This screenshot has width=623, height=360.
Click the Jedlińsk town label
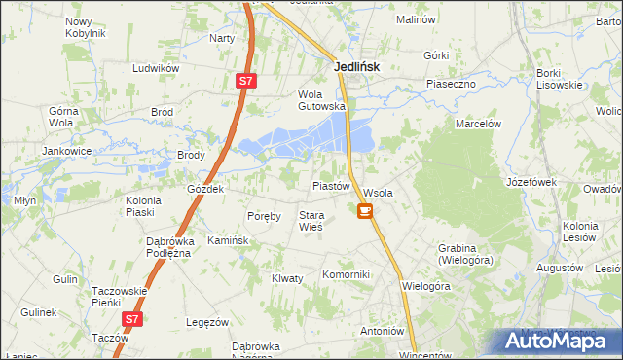[x=356, y=66]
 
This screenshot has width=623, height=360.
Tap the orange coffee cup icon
[x=364, y=210]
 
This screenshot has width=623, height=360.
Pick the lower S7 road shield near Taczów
[x=132, y=318]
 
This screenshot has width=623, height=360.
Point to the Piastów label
[x=330, y=186]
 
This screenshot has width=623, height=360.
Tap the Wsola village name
[x=378, y=193]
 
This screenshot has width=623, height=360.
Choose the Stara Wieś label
[x=311, y=220]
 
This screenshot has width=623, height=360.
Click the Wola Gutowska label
[x=321, y=100]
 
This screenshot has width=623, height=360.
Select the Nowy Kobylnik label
[x=85, y=27]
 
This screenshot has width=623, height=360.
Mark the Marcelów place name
[x=478, y=124]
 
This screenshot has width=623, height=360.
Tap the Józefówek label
[x=530, y=182]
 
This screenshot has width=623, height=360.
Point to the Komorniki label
[x=347, y=274]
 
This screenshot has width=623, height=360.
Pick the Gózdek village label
[x=205, y=189]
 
